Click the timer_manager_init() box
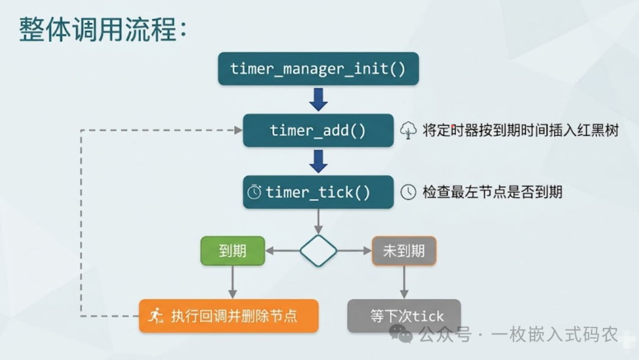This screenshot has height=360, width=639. pos(318,69)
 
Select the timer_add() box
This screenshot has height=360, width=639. pos(318,130)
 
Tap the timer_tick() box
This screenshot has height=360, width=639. pos(318,192)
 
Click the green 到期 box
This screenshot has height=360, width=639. pos(232,250)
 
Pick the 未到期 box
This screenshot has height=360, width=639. pos(404,250)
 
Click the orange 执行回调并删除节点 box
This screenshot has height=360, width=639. pos(228,316)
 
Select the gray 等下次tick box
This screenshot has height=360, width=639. pos(404,316)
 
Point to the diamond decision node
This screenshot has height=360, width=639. pos(318,250)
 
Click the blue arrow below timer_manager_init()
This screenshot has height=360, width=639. pos(318,99)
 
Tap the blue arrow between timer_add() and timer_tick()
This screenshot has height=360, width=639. pos(318,160)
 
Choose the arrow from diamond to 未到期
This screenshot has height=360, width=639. pos(354,250)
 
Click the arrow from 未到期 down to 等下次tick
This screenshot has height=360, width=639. pos(404,281)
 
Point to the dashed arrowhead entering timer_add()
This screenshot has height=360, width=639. pos(238,130)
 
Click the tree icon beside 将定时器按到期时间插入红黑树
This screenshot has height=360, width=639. pos(408,130)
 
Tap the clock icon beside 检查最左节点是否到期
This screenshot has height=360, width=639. pos(408,192)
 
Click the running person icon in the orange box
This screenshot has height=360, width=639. pos(156,316)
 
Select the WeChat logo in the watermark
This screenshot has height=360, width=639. pos(405,336)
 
